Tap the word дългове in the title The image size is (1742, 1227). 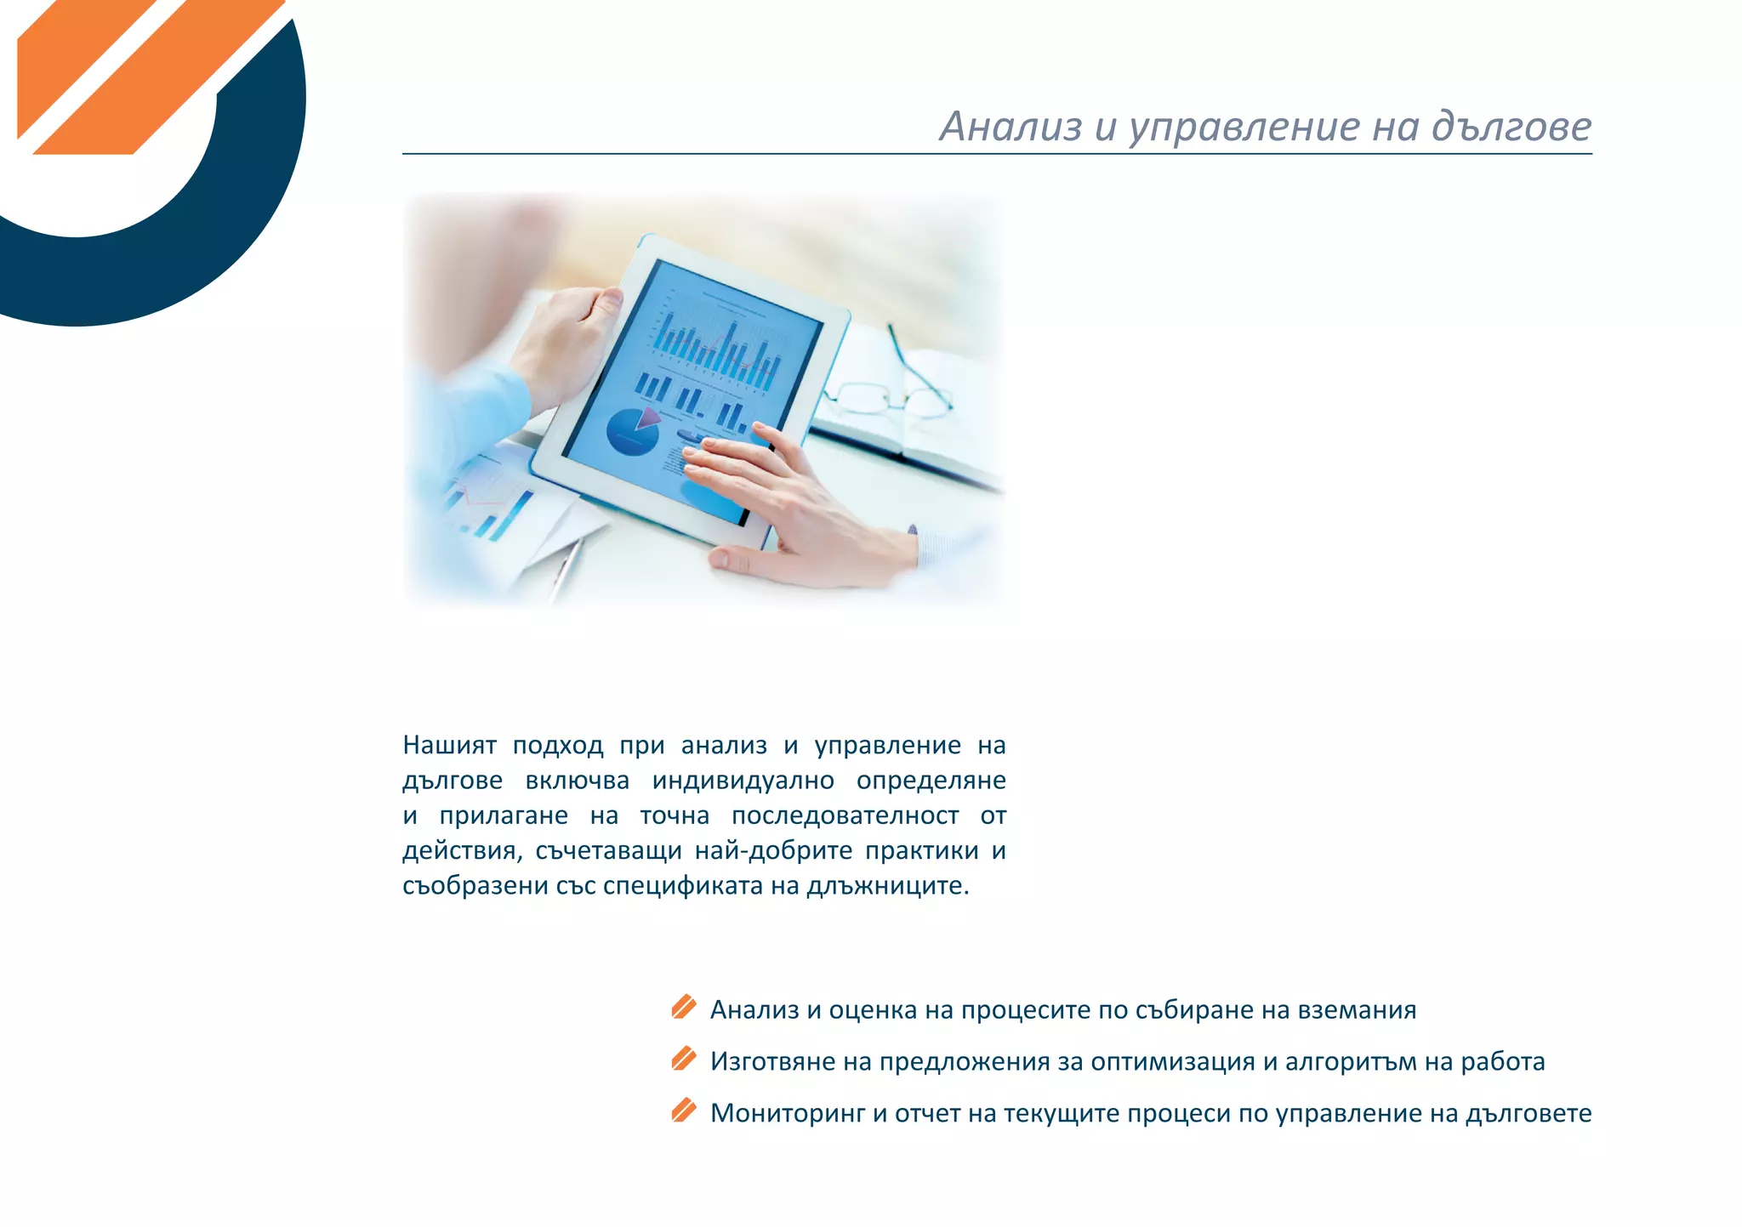pyautogui.click(x=1511, y=128)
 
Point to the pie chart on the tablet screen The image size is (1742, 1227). pyautogui.click(x=632, y=431)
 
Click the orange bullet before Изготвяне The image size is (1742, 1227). pyautogui.click(x=683, y=1059)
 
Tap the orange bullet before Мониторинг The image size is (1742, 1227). pyautogui.click(x=683, y=1111)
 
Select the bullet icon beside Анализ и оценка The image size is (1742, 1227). pyautogui.click(x=683, y=1008)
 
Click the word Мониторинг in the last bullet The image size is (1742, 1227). pyautogui.click(x=788, y=1113)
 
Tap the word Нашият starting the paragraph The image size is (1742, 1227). pyautogui.click(x=449, y=746)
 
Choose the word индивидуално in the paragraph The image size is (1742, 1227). pyautogui.click(x=743, y=781)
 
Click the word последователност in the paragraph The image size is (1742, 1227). pyautogui.click(x=845, y=816)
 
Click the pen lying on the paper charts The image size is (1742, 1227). pyautogui.click(x=566, y=565)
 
